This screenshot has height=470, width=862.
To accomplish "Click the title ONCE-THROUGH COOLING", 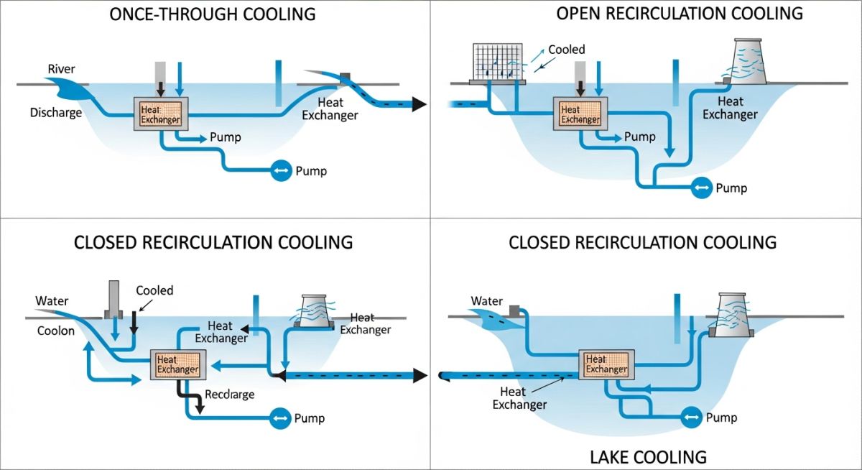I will pyautogui.click(x=213, y=14).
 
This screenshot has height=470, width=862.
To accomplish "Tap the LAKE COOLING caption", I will pyautogui.click(x=648, y=457).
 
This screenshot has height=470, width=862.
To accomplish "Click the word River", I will pyautogui.click(x=61, y=69).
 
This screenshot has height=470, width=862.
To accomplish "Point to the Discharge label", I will pyautogui.click(x=55, y=113).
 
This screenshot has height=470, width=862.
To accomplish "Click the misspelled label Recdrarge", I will pyautogui.click(x=229, y=395).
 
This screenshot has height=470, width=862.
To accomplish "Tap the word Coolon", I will pyautogui.click(x=55, y=331).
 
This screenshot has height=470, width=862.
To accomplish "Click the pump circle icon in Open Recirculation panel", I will pyautogui.click(x=701, y=188).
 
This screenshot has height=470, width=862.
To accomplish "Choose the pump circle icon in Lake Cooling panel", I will pyautogui.click(x=691, y=418).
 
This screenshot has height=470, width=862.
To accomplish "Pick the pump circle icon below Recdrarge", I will pyautogui.click(x=280, y=418).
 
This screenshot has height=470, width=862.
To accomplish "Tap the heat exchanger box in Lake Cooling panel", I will pyautogui.click(x=606, y=364).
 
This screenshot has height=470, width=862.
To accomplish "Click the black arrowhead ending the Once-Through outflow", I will pyautogui.click(x=420, y=105).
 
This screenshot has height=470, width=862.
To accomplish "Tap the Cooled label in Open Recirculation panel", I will pyautogui.click(x=566, y=50).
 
